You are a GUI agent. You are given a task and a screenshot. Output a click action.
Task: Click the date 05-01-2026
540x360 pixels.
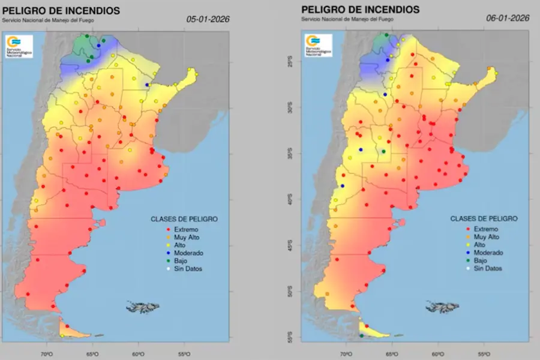tap(208, 19)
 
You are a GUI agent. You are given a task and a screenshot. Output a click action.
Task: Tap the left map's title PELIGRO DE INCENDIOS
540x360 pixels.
tap(61, 10)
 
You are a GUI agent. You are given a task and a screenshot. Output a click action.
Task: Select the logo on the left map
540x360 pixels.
tap(19, 46)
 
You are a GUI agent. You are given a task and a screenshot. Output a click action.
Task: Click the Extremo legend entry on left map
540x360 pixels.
tap(185, 229)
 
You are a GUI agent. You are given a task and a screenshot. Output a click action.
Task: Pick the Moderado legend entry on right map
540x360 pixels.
tap(488, 253)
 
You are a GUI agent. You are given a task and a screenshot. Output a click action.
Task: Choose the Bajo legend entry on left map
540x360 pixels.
tap(181, 260)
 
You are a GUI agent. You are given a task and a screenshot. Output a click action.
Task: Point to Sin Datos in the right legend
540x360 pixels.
tap(487, 268)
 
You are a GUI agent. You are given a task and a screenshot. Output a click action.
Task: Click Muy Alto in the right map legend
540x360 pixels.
tap(486, 237)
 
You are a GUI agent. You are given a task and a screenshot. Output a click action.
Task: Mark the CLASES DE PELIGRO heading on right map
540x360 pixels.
tap(484, 218)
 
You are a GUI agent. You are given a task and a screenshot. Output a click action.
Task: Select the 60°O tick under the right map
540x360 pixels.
tap(438, 355)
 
